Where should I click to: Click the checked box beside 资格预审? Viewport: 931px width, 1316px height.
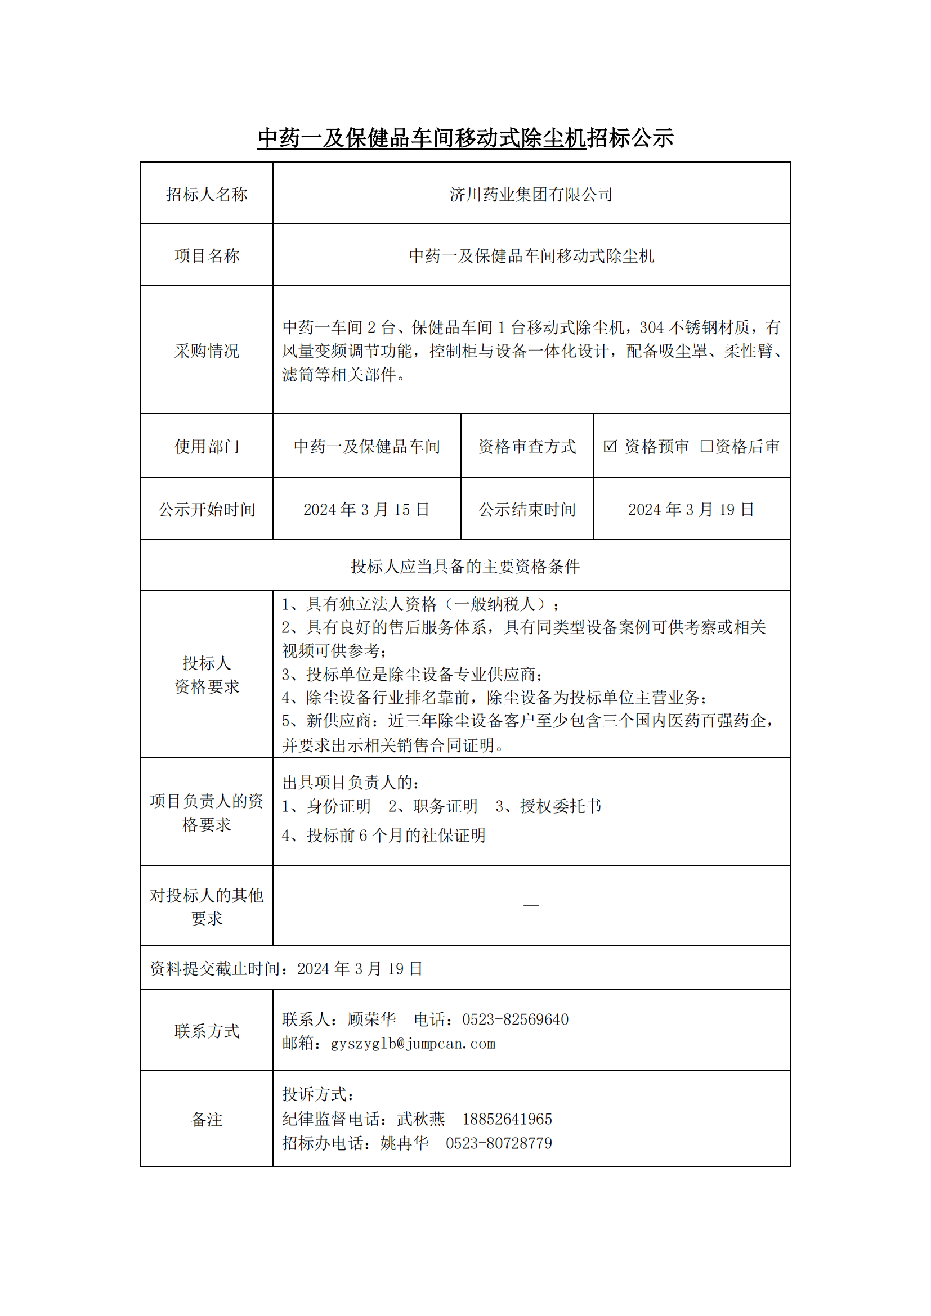[610, 446]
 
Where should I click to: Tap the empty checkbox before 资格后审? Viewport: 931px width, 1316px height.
[706, 446]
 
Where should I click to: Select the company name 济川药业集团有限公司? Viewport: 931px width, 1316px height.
[531, 195]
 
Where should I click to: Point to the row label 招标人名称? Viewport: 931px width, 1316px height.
[207, 195]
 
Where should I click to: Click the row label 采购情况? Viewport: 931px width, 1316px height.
[207, 351]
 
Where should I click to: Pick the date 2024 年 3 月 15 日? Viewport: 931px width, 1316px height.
[366, 510]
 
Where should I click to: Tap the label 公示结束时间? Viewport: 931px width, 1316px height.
[527, 510]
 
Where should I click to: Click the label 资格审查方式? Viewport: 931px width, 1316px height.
[527, 447]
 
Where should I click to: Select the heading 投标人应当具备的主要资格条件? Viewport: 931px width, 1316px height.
[465, 567]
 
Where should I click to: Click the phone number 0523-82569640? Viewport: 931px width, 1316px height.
[516, 1019]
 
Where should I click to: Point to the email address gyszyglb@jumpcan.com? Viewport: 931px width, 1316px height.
[413, 1044]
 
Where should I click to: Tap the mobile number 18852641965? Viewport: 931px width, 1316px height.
[507, 1119]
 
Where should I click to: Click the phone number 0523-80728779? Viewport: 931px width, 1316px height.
[499, 1143]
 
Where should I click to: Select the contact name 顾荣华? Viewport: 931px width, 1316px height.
[371, 1019]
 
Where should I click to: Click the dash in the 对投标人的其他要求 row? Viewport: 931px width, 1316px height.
[531, 906]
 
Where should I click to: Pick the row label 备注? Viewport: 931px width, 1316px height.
[207, 1120]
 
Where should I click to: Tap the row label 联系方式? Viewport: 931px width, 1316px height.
[207, 1032]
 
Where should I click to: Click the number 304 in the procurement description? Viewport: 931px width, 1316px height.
[652, 327]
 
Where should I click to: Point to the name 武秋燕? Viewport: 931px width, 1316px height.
[421, 1119]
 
